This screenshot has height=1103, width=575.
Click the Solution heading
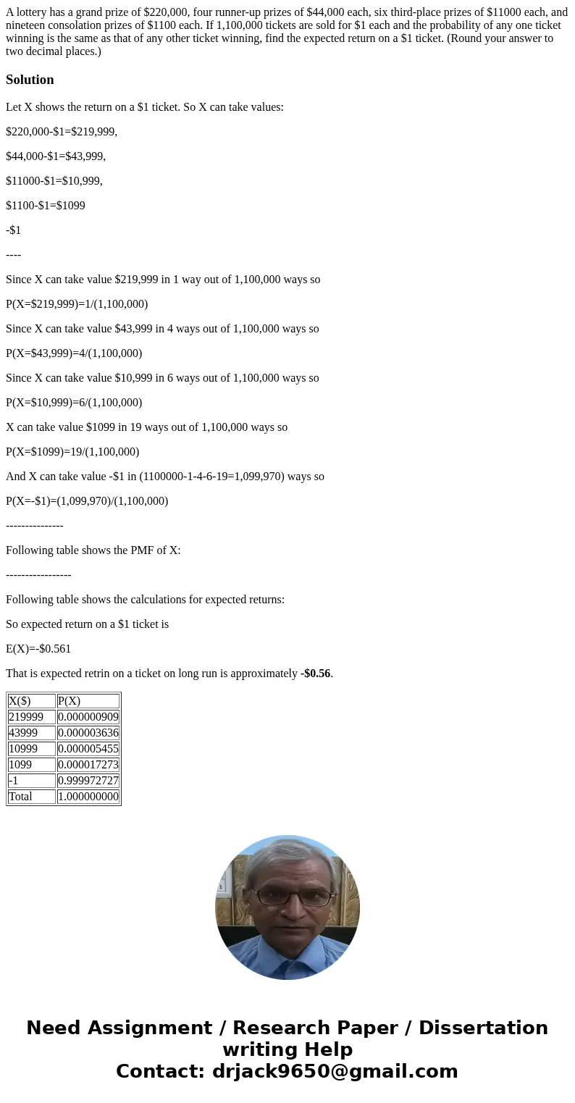click(30, 80)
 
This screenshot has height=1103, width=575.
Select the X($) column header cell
click(31, 701)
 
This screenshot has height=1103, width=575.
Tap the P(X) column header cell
click(88, 701)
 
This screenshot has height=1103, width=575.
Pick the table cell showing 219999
click(31, 717)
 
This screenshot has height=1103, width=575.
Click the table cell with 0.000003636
click(88, 733)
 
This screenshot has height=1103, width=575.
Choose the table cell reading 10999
click(31, 749)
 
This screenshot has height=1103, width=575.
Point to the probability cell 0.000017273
click(88, 765)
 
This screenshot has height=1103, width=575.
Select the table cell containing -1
click(31, 781)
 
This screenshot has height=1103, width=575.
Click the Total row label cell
click(31, 797)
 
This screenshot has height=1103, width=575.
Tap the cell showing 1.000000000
click(88, 797)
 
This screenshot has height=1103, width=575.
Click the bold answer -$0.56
click(316, 674)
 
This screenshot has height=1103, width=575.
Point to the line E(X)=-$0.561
click(38, 649)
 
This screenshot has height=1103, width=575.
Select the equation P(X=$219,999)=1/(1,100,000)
click(77, 304)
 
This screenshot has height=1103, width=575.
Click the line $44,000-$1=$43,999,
click(56, 156)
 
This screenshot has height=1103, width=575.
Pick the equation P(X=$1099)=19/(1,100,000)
click(72, 452)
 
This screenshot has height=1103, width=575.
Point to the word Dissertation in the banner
click(483, 1028)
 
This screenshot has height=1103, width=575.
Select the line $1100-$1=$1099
click(46, 206)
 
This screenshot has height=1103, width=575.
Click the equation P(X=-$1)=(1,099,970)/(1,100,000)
click(87, 501)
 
